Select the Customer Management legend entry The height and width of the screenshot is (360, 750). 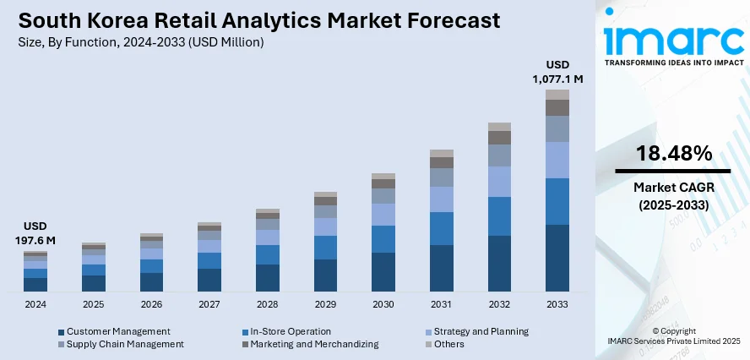pyautogui.click(x=118, y=331)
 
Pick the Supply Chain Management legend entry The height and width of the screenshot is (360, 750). pyautogui.click(x=125, y=344)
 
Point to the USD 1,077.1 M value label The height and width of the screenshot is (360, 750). pyautogui.click(x=557, y=71)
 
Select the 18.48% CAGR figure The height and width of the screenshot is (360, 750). pyautogui.click(x=673, y=153)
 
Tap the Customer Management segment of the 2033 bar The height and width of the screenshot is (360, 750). pyautogui.click(x=557, y=258)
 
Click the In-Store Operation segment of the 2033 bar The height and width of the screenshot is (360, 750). pyautogui.click(x=557, y=201)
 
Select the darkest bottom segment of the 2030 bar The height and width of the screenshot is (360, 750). pyautogui.click(x=383, y=271)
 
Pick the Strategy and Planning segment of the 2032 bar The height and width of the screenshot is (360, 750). pyautogui.click(x=499, y=181)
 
